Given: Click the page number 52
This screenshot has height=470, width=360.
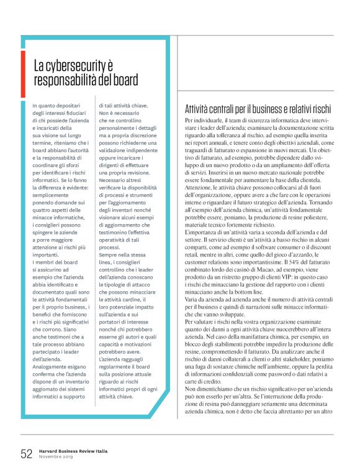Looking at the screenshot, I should click(26, 453).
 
